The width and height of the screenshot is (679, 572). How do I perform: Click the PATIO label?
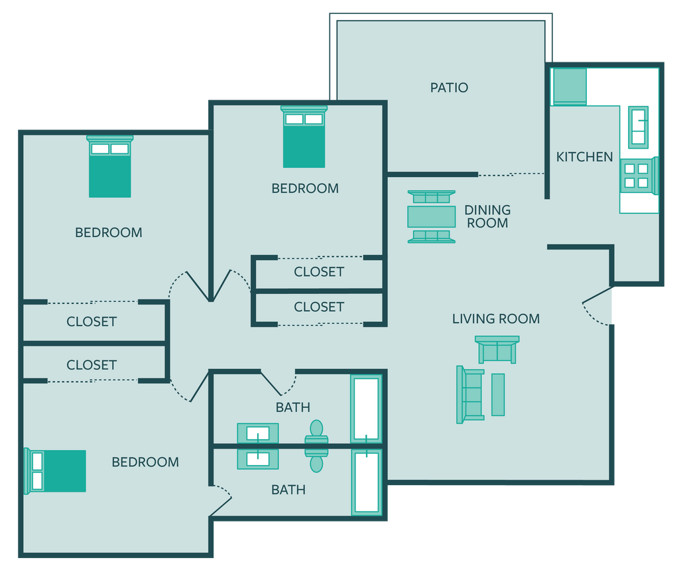(449, 88)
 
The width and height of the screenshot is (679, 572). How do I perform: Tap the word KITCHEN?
(584, 157)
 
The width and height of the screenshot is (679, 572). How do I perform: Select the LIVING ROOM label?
(496, 319)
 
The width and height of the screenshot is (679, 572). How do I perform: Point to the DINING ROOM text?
(487, 216)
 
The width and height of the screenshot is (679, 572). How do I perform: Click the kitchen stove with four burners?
(639, 175)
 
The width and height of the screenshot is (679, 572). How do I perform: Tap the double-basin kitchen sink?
(639, 127)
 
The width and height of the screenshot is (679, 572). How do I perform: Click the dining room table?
(431, 217)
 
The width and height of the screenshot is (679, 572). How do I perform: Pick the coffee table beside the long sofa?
(498, 394)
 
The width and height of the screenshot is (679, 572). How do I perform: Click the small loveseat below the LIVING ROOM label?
(497, 349)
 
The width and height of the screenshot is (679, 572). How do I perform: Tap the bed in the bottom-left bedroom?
(55, 471)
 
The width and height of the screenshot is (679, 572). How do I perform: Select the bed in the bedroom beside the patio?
(304, 137)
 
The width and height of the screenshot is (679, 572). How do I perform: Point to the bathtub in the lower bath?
(367, 482)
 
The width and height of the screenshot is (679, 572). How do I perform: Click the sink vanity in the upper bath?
(258, 433)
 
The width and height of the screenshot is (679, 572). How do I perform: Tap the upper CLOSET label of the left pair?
(92, 322)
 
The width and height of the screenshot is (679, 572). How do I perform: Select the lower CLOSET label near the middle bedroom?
(319, 307)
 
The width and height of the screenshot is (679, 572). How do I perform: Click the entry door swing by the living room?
(597, 307)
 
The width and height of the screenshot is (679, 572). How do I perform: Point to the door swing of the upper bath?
(279, 383)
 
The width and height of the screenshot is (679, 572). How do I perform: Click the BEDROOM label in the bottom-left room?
(145, 462)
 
